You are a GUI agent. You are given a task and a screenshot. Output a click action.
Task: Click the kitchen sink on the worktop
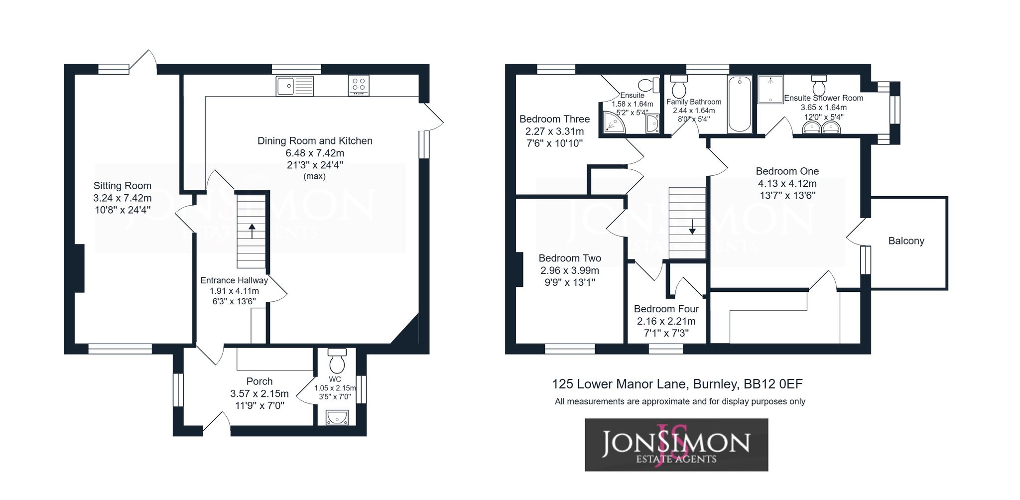[x=294, y=86]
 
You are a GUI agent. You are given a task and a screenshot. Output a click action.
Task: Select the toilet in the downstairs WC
[x=337, y=360]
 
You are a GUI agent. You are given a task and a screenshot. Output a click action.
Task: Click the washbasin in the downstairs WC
[x=337, y=417]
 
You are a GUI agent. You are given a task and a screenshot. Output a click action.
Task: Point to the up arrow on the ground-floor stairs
[x=252, y=231]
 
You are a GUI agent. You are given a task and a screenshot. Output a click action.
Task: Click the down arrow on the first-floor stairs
[x=692, y=227]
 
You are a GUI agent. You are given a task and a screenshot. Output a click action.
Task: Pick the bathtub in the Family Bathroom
[x=740, y=104]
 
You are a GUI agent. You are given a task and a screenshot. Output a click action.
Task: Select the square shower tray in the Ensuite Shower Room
[x=770, y=89]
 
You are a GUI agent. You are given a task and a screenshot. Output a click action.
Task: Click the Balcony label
[x=906, y=241]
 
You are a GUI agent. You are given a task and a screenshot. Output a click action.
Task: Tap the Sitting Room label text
[x=123, y=186]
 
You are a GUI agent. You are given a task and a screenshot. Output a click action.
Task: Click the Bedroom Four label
[x=666, y=309]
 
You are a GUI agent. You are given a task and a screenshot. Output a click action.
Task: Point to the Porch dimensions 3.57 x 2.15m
[x=259, y=393]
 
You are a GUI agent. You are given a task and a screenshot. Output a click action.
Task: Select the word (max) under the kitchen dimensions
[x=315, y=176]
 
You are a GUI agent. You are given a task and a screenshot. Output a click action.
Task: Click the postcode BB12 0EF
[x=773, y=384]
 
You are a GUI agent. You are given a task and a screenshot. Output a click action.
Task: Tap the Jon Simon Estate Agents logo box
[x=676, y=445]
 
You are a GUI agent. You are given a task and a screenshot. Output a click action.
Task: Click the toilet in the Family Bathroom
[x=678, y=87]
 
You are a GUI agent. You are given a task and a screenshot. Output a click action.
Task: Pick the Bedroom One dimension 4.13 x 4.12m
[x=787, y=183]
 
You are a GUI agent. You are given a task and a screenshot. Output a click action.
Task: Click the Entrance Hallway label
[x=234, y=280]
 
